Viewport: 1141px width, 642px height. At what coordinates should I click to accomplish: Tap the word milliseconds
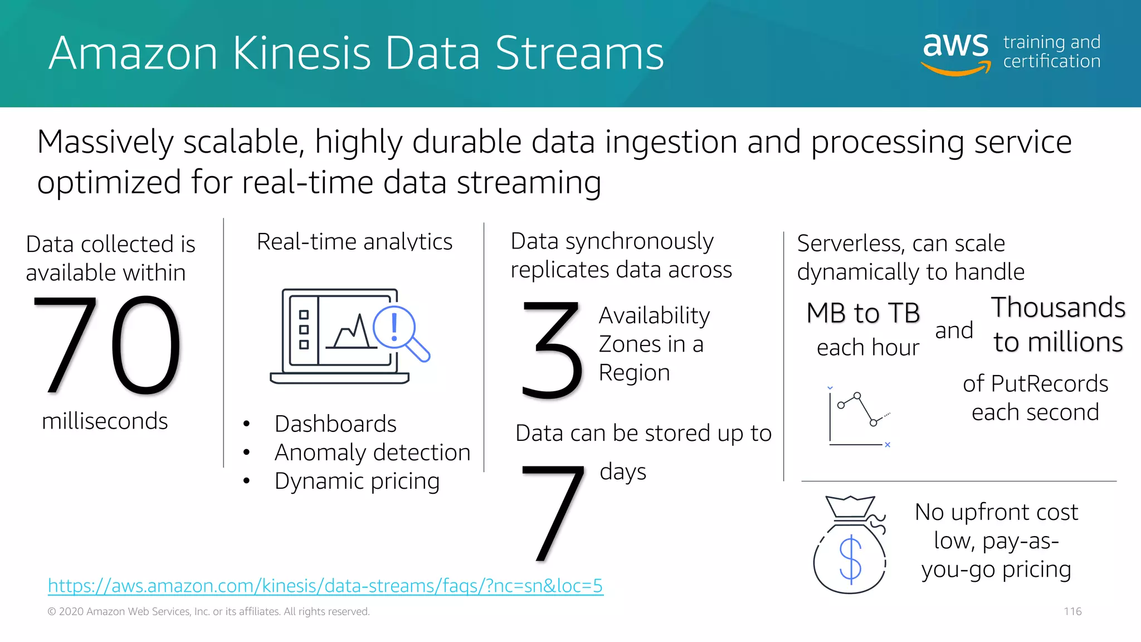coord(105,421)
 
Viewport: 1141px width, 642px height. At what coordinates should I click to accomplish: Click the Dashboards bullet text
coord(335,424)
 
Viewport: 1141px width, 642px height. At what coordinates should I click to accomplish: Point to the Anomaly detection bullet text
coord(372,453)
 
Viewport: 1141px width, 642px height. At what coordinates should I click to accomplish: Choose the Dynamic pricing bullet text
coord(357,481)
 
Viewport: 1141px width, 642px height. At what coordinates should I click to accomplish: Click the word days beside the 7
coord(623,472)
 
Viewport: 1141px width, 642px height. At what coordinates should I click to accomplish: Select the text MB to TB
coord(863,313)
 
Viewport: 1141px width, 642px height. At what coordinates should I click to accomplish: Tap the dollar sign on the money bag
coord(850,559)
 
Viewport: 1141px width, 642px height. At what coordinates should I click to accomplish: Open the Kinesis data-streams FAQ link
coord(325,586)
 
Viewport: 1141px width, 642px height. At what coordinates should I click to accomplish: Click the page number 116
coord(1072,611)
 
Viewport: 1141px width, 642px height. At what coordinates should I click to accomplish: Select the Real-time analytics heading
coord(354,242)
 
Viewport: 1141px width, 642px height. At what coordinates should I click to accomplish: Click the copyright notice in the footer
coord(208,611)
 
